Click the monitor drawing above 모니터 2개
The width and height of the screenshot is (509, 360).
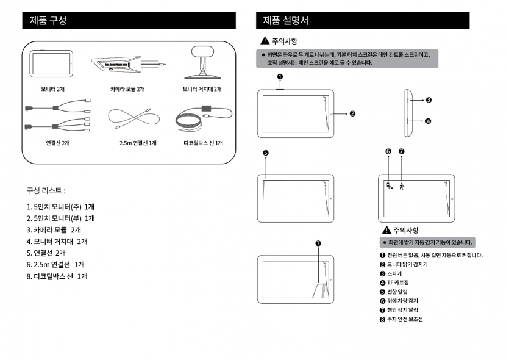click(52, 63)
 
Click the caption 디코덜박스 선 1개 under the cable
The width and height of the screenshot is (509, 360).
click(203, 143)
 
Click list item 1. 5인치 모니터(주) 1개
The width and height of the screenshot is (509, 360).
click(60, 206)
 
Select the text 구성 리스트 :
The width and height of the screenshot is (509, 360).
click(46, 190)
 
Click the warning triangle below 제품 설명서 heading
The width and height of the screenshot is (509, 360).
click(265, 41)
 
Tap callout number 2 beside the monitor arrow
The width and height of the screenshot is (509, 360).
click(352, 113)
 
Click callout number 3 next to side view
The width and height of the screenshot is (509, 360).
click(429, 99)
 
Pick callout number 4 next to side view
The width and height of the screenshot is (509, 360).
click(429, 121)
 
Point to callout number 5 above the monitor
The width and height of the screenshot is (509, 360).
click(265, 153)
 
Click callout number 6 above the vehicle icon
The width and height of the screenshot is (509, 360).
click(388, 151)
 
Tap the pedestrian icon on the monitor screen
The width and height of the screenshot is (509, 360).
click(402, 186)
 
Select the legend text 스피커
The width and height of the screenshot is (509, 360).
click(394, 273)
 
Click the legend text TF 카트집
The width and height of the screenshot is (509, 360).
click(398, 283)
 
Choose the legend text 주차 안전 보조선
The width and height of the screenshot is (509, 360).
click(405, 319)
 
